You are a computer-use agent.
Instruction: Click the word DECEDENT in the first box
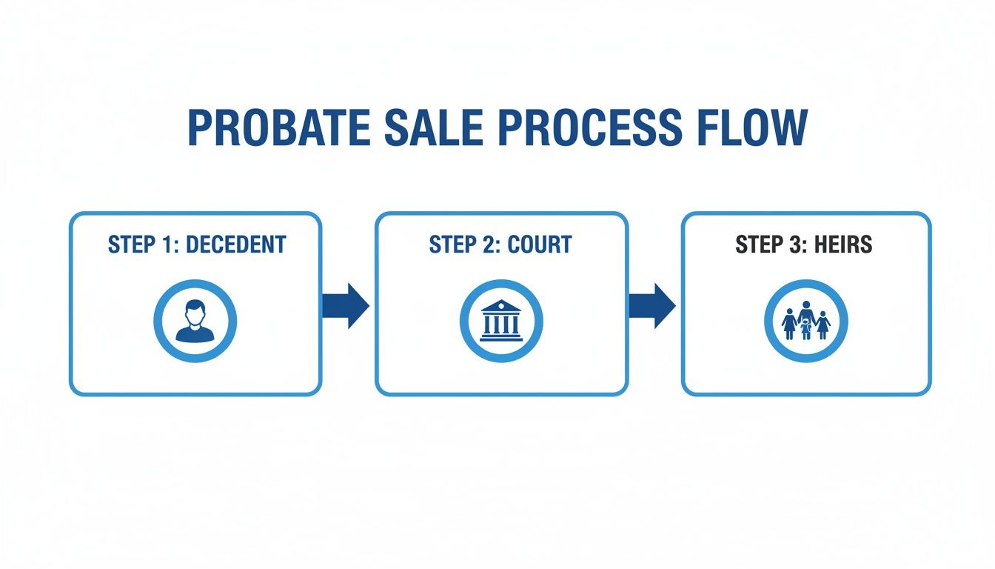[236, 245]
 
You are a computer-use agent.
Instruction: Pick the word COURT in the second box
[538, 245]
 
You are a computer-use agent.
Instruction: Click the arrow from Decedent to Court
[346, 305]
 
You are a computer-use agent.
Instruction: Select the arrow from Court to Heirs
[652, 305]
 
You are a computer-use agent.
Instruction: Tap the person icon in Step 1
[195, 321]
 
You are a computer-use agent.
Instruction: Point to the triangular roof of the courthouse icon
[501, 306]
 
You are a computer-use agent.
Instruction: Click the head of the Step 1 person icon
[195, 312]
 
